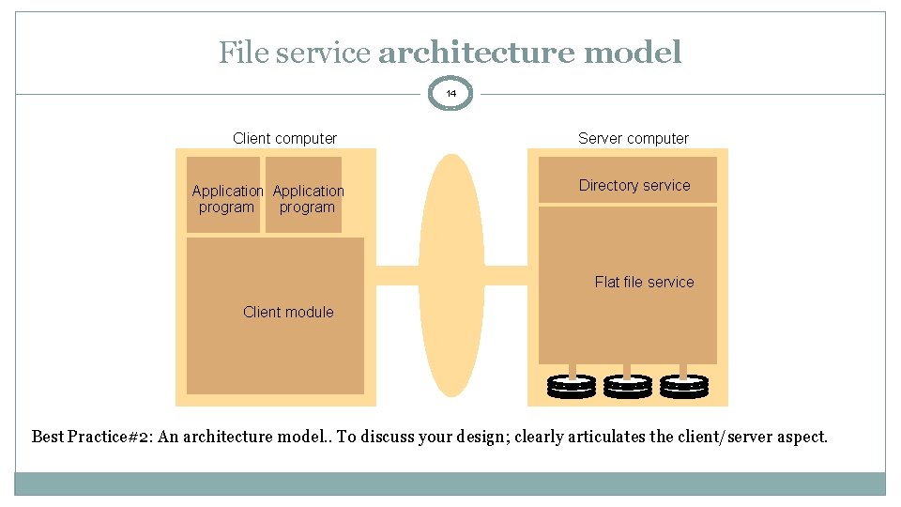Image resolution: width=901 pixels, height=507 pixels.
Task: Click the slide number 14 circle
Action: (451, 94)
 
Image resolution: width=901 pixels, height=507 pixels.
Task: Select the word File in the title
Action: (239, 53)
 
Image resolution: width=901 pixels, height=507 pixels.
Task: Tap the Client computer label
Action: (284, 138)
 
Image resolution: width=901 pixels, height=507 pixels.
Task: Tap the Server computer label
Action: (633, 138)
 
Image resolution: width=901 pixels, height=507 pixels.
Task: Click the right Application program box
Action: (306, 196)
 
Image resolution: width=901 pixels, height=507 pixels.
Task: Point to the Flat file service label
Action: (644, 282)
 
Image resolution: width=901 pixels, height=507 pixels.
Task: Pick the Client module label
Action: (287, 312)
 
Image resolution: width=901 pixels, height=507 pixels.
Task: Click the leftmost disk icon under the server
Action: (572, 385)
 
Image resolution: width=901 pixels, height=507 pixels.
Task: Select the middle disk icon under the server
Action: (628, 385)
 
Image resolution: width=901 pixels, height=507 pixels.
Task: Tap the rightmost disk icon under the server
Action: (684, 385)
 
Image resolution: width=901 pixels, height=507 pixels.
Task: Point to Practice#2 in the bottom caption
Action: (110, 437)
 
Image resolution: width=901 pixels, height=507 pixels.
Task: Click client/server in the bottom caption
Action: (720, 437)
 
